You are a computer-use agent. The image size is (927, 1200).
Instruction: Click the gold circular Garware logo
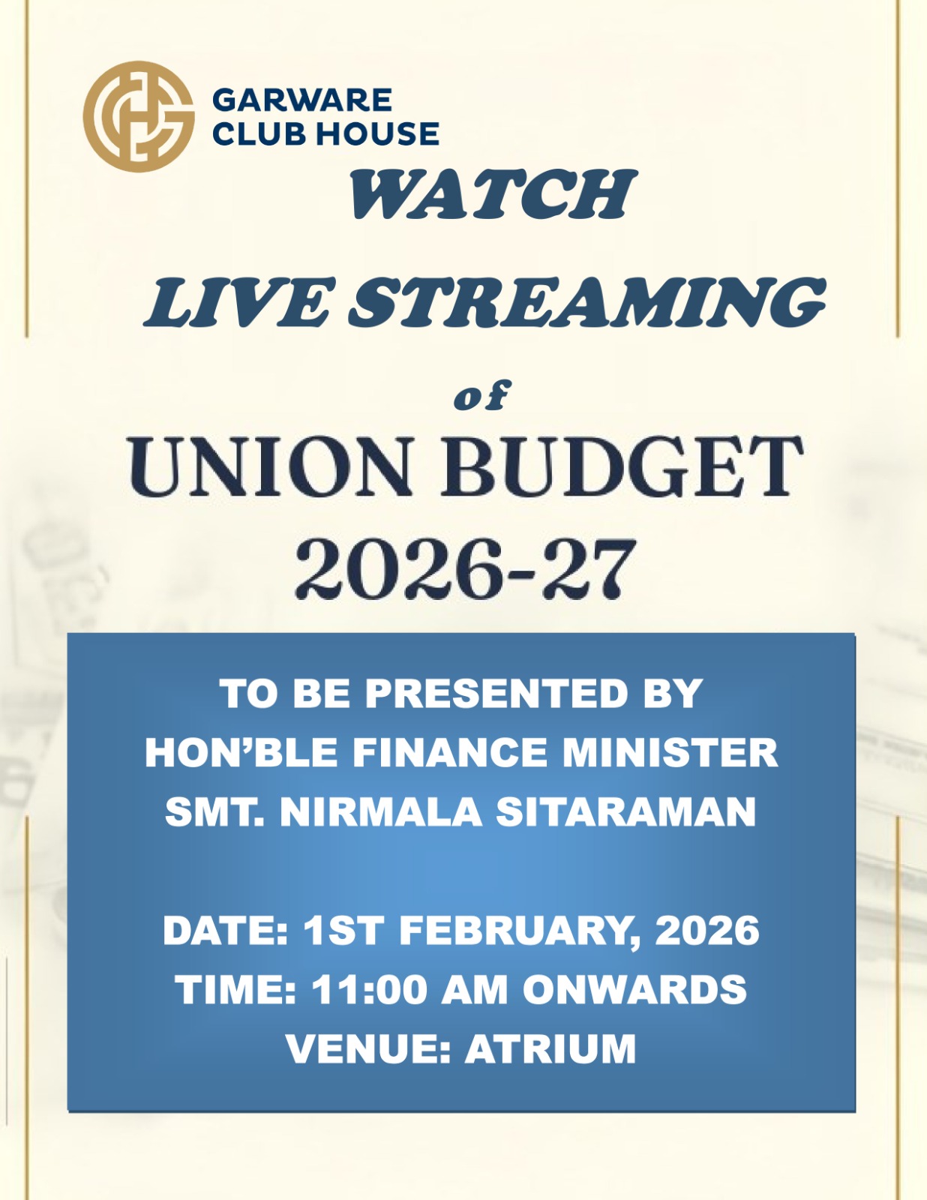[139, 116]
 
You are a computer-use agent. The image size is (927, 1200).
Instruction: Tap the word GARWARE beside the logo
[302, 100]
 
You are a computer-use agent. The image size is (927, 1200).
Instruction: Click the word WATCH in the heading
[493, 193]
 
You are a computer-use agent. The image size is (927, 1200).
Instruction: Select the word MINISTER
[670, 752]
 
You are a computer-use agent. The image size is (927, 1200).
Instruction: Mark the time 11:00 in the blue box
[369, 988]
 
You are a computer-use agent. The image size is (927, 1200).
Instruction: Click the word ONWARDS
[634, 988]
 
